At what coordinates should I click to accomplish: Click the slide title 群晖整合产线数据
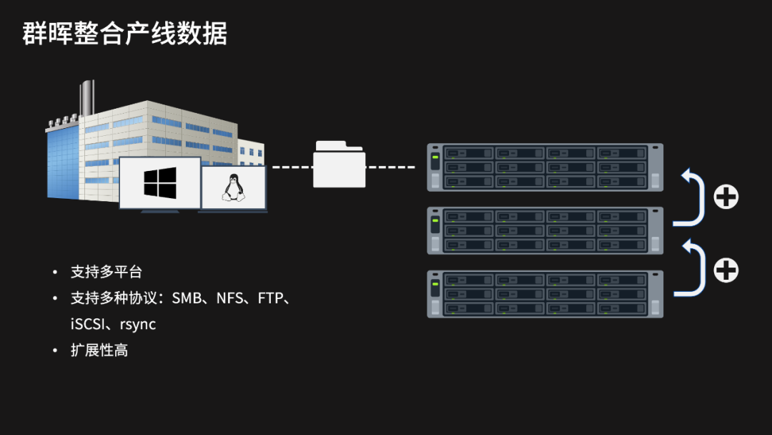[125, 34]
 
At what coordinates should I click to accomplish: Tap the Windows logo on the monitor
[159, 182]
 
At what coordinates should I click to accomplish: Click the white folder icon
[339, 165]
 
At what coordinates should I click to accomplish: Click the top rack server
[545, 167]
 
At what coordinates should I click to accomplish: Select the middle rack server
[545, 230]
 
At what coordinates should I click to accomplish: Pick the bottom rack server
[545, 294]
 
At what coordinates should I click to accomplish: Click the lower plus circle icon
[726, 270]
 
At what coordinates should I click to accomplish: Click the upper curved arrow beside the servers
[692, 197]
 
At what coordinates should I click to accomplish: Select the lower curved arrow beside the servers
[692, 268]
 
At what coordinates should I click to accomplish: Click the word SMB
[187, 298]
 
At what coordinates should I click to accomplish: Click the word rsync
[138, 324]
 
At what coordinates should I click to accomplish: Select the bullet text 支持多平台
[107, 273]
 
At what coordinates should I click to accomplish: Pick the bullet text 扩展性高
[99, 351]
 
